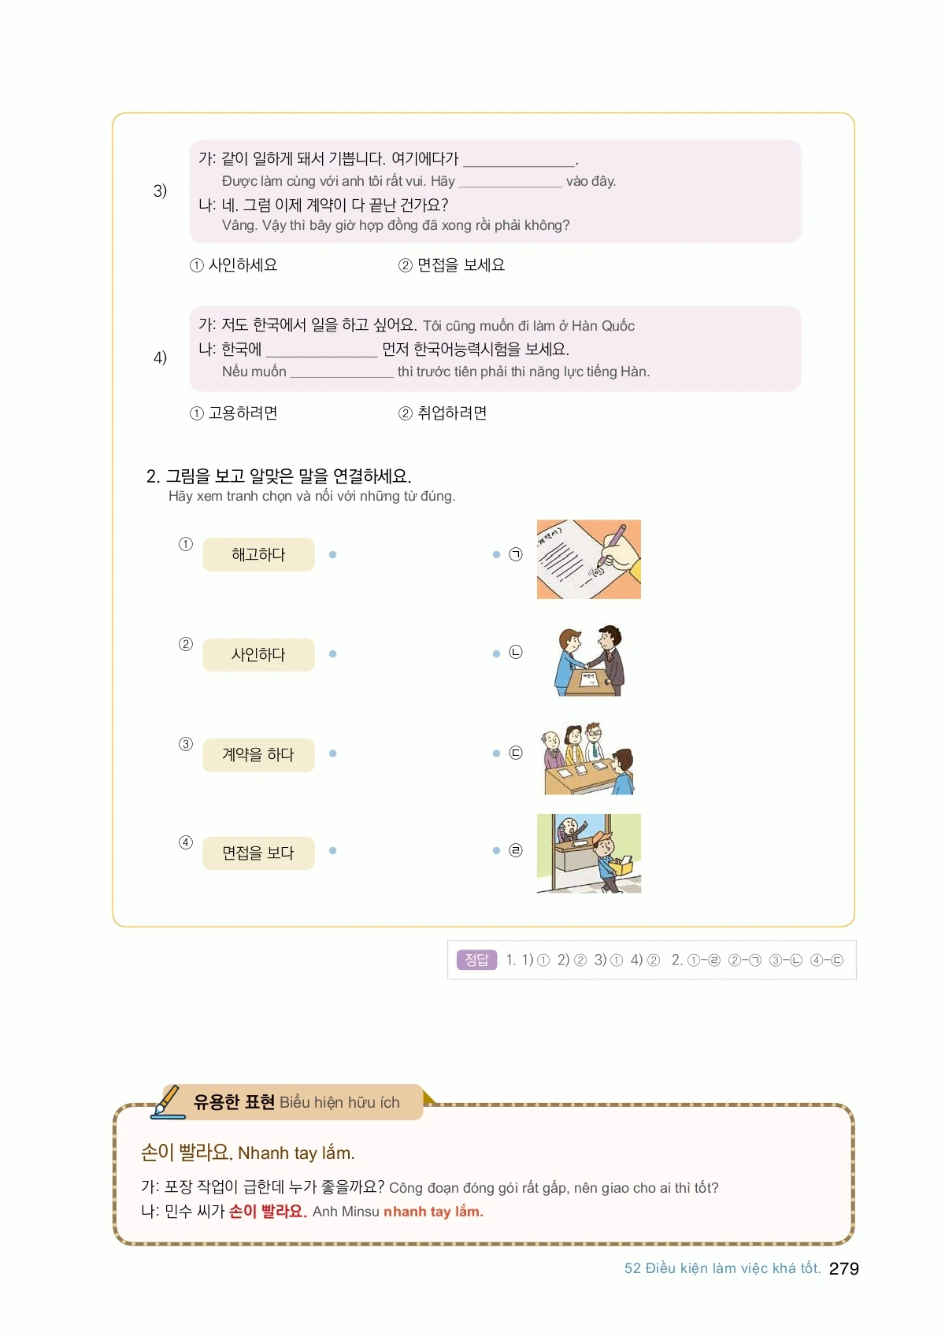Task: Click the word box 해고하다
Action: click(x=258, y=555)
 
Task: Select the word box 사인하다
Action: click(x=258, y=655)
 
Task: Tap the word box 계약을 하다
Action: click(x=258, y=755)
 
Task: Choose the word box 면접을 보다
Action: click(x=258, y=853)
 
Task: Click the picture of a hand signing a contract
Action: click(x=589, y=559)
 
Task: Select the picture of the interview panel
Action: click(x=589, y=759)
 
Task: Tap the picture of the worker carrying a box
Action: click(x=589, y=853)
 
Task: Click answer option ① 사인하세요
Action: click(x=233, y=265)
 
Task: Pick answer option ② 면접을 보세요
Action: click(x=451, y=265)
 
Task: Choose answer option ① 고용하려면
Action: click(x=233, y=413)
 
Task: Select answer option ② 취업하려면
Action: click(x=443, y=413)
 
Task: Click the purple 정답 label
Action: click(x=476, y=960)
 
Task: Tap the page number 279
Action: click(x=844, y=1268)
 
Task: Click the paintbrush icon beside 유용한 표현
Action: click(x=168, y=1101)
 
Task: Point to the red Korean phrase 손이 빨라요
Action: click(x=268, y=1212)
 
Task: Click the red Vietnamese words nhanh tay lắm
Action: click(x=433, y=1212)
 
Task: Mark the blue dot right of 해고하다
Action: click(x=333, y=555)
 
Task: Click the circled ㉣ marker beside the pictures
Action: click(x=516, y=850)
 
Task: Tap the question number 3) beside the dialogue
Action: click(x=160, y=191)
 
